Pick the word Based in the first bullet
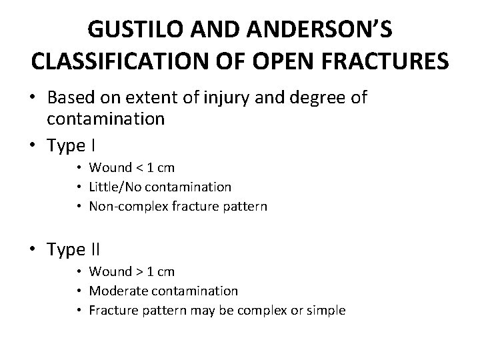tap(70, 98)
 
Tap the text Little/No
tap(115, 187)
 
